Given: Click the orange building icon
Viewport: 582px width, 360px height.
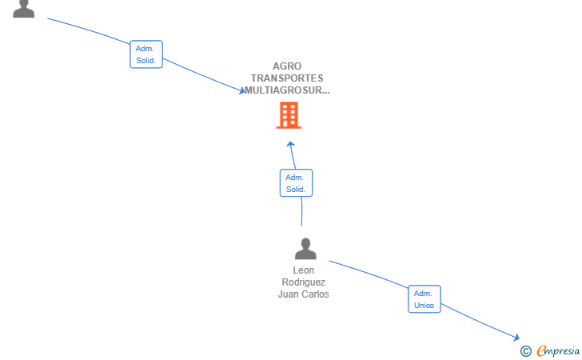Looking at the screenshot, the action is [x=289, y=115].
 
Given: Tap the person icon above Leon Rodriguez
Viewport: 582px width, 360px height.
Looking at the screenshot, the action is [x=305, y=249].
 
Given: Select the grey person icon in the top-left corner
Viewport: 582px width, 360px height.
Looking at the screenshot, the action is [x=24, y=9].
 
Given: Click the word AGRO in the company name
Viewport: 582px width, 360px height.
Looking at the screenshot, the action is [x=287, y=66].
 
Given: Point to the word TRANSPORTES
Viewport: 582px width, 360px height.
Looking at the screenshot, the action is [x=287, y=78].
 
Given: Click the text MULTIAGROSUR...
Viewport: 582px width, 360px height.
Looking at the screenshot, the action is [x=285, y=90].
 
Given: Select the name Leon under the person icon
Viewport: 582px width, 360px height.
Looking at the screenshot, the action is [x=304, y=270].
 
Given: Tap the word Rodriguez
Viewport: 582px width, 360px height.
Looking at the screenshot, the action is [x=304, y=282].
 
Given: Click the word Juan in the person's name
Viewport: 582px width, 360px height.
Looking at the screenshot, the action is [x=287, y=294].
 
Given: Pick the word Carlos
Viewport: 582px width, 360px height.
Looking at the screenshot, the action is [x=314, y=294].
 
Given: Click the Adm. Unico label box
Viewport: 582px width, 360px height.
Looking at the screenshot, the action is [x=425, y=299].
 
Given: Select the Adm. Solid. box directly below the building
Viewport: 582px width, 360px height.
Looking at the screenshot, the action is [x=296, y=182].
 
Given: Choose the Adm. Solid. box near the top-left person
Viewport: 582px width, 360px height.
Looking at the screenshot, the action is [x=146, y=54].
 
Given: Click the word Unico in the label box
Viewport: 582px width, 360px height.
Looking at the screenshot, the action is [x=424, y=306].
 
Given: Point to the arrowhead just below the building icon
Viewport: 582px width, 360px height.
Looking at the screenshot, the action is [x=291, y=145].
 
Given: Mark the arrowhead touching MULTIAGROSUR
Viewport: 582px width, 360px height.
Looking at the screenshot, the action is [x=242, y=90].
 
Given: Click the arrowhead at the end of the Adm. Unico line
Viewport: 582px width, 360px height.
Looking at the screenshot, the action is [x=516, y=337].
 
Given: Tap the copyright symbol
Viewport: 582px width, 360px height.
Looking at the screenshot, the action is [x=526, y=351].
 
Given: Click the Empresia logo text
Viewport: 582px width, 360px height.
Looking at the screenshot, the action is [x=558, y=350].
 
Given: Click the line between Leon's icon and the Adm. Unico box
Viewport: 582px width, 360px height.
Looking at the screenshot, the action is [x=369, y=273].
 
